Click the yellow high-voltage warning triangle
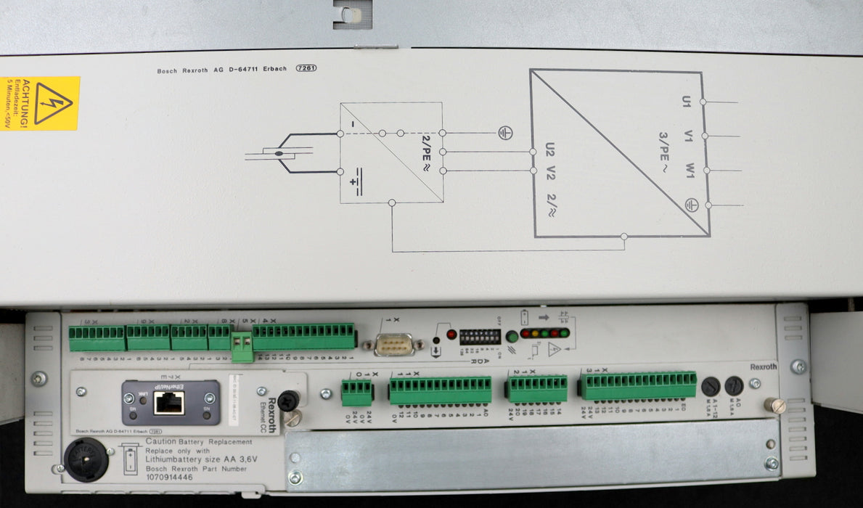coord(53,103)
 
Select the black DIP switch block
coord(480,337)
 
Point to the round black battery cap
coord(86,459)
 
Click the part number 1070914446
coord(169,478)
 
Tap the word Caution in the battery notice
coord(162,441)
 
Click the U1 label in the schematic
coord(686,102)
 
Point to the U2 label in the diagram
coord(549,149)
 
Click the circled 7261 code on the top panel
coord(306,69)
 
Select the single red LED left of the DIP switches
coord(451,335)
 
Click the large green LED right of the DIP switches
coord(512,336)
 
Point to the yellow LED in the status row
coord(535,334)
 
